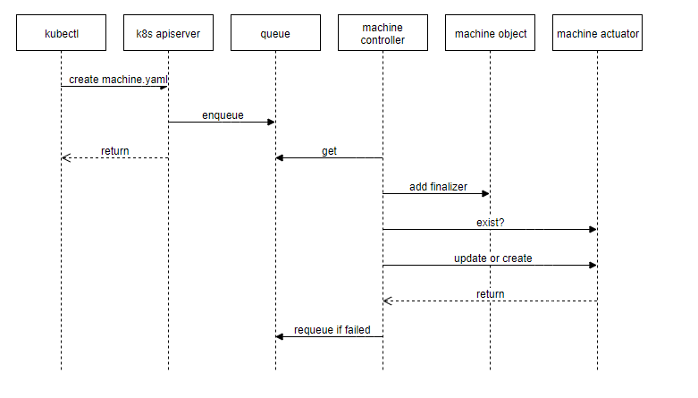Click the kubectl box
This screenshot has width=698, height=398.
(x=61, y=34)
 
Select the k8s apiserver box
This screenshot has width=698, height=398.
(x=168, y=34)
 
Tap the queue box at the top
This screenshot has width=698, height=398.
(x=275, y=34)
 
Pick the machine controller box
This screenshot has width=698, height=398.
(x=383, y=34)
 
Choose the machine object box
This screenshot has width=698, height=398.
(x=490, y=34)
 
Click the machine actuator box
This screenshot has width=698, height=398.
(x=597, y=34)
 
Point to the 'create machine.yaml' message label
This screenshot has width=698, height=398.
(x=117, y=80)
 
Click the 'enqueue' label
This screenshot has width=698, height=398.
(x=223, y=115)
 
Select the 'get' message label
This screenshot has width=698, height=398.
(x=329, y=151)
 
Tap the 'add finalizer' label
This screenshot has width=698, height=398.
(x=438, y=187)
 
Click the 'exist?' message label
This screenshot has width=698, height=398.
(x=490, y=223)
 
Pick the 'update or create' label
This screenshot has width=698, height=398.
(x=492, y=258)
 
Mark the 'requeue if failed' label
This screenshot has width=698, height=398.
(x=332, y=330)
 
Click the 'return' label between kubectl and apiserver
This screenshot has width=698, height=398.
(x=114, y=151)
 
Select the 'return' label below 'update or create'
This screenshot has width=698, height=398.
(x=490, y=294)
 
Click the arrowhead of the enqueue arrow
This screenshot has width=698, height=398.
(x=271, y=123)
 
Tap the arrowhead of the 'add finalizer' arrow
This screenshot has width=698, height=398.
(x=485, y=194)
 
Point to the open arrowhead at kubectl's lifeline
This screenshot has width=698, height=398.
(x=65, y=158)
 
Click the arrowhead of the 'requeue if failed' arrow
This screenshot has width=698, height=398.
(x=280, y=337)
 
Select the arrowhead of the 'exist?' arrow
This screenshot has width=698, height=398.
(x=593, y=230)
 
